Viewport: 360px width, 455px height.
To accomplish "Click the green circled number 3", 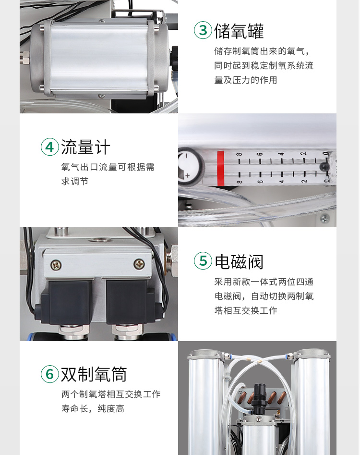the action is point(203,30).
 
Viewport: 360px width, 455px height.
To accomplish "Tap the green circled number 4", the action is point(50,147).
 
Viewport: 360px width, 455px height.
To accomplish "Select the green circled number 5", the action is point(203,260).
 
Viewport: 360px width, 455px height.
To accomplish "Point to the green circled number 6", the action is point(50,374).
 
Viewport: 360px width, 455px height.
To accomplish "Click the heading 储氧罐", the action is point(239,31).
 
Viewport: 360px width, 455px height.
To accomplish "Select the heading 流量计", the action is point(85,147).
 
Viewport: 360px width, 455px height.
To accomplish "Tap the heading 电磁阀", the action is point(239,261).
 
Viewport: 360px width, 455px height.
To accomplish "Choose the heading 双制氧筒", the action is point(94,374).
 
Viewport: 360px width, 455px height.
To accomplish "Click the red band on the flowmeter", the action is point(221,168).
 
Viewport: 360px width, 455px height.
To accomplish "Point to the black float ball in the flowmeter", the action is point(324,167).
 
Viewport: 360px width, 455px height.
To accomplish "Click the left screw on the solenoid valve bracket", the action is point(56,265).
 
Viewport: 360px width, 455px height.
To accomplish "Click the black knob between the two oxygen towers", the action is point(259,395).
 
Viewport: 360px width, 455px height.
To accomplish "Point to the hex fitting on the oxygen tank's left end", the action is point(25,58).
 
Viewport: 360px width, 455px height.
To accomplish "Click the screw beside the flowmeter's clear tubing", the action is point(324,218).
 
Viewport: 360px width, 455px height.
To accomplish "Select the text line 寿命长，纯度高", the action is point(93,408).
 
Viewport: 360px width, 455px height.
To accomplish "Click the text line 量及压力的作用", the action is point(246,80).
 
